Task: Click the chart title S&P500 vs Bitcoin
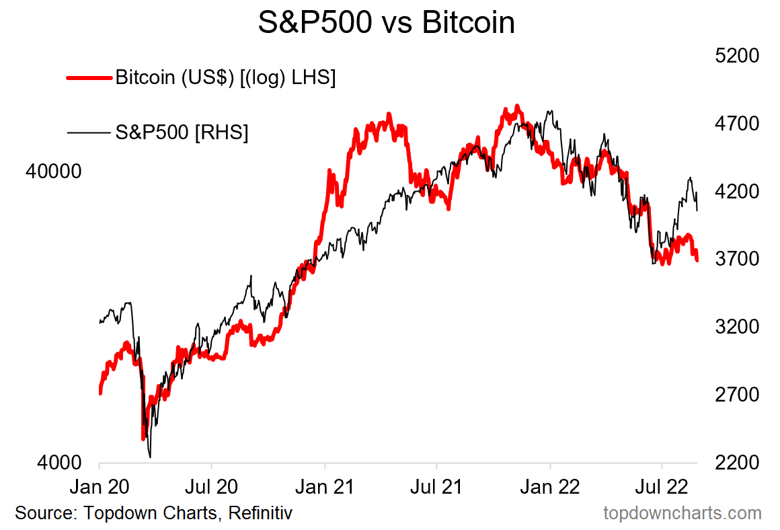coord(387,24)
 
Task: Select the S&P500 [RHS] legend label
coord(182,132)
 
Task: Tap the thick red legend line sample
coord(89,78)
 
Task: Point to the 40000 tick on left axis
coord(53,172)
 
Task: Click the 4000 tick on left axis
coord(59,463)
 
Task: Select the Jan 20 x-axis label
coord(100,486)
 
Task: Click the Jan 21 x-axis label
coord(325,486)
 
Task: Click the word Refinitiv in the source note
coord(260,513)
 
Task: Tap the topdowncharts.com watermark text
coord(682,513)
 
